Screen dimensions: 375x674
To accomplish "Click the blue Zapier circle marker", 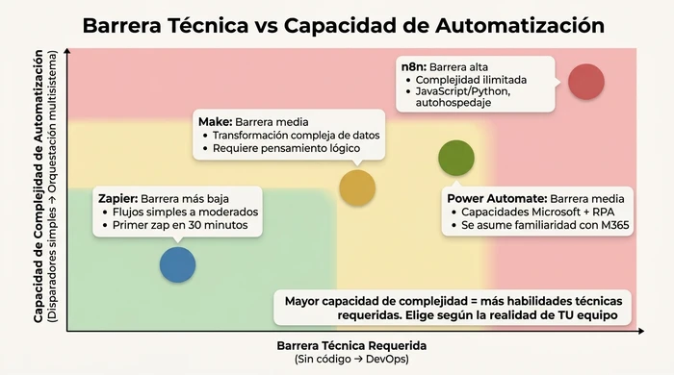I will pyautogui.click(x=177, y=263).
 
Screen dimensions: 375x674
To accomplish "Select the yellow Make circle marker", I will pyautogui.click(x=356, y=187).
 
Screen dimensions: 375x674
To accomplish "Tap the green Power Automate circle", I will pyautogui.click(x=455, y=156).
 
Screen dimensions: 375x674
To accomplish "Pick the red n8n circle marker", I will pyautogui.click(x=585, y=81).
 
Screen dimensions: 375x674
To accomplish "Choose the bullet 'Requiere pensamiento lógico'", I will pyautogui.click(x=285, y=149).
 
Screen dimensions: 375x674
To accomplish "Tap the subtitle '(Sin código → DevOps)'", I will pyautogui.click(x=350, y=359).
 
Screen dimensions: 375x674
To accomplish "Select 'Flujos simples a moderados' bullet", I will pyautogui.click(x=180, y=212).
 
